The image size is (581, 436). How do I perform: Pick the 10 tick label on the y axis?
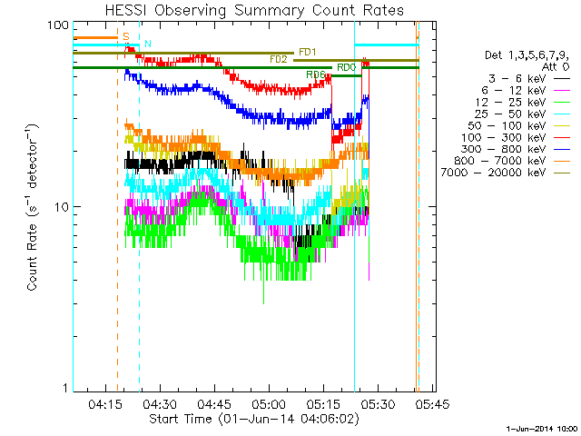tap(60, 207)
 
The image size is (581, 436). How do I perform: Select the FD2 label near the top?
tap(278, 59)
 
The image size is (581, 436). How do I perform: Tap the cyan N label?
tap(148, 45)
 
